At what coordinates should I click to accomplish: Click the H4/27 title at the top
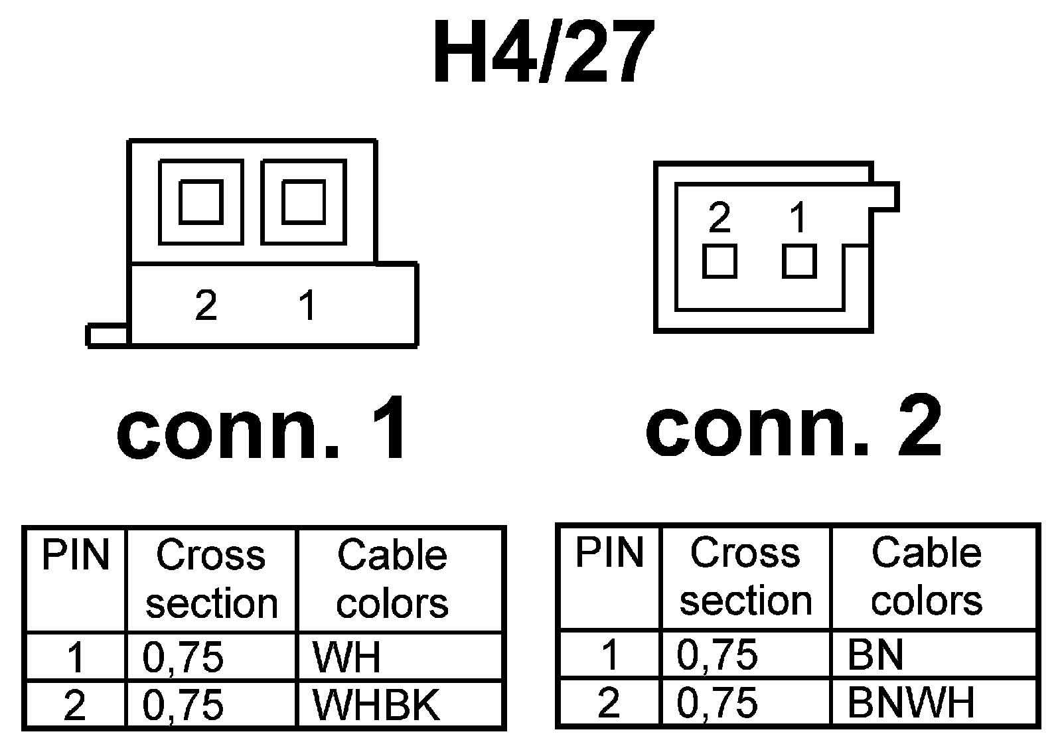tap(539, 53)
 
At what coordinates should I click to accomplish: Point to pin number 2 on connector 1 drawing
tap(206, 305)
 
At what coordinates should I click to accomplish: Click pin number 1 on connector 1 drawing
tap(307, 305)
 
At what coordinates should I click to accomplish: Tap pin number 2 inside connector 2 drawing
tap(720, 217)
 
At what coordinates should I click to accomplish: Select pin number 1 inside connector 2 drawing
tap(798, 217)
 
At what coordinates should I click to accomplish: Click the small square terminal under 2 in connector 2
tap(720, 262)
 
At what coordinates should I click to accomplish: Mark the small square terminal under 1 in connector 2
tap(799, 262)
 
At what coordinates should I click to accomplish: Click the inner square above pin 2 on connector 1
tap(200, 202)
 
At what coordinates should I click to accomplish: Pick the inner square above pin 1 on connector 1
tap(303, 202)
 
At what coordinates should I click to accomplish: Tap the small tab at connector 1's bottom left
tap(107, 335)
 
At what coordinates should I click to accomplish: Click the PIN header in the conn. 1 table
tap(75, 556)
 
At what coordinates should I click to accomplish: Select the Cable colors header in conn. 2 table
tap(927, 576)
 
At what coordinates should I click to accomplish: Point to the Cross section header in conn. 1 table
tap(211, 579)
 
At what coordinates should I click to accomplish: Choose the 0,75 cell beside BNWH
tap(717, 702)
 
